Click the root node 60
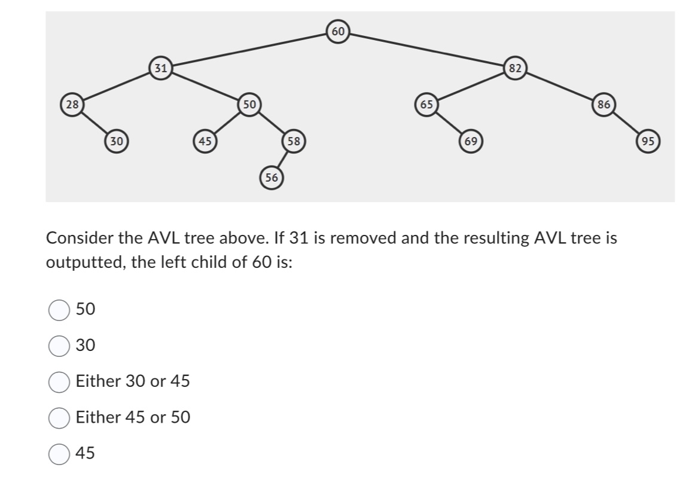(338, 31)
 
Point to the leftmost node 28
(72, 104)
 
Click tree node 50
(249, 104)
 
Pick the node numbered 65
(426, 104)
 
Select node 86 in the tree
(603, 104)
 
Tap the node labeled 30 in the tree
(116, 141)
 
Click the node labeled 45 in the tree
(205, 141)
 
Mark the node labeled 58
(293, 141)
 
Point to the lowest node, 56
(272, 178)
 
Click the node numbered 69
(470, 141)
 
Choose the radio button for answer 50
(59, 310)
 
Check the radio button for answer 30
(59, 346)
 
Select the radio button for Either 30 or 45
(59, 381)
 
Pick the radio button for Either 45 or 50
(59, 417)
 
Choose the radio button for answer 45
(59, 454)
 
